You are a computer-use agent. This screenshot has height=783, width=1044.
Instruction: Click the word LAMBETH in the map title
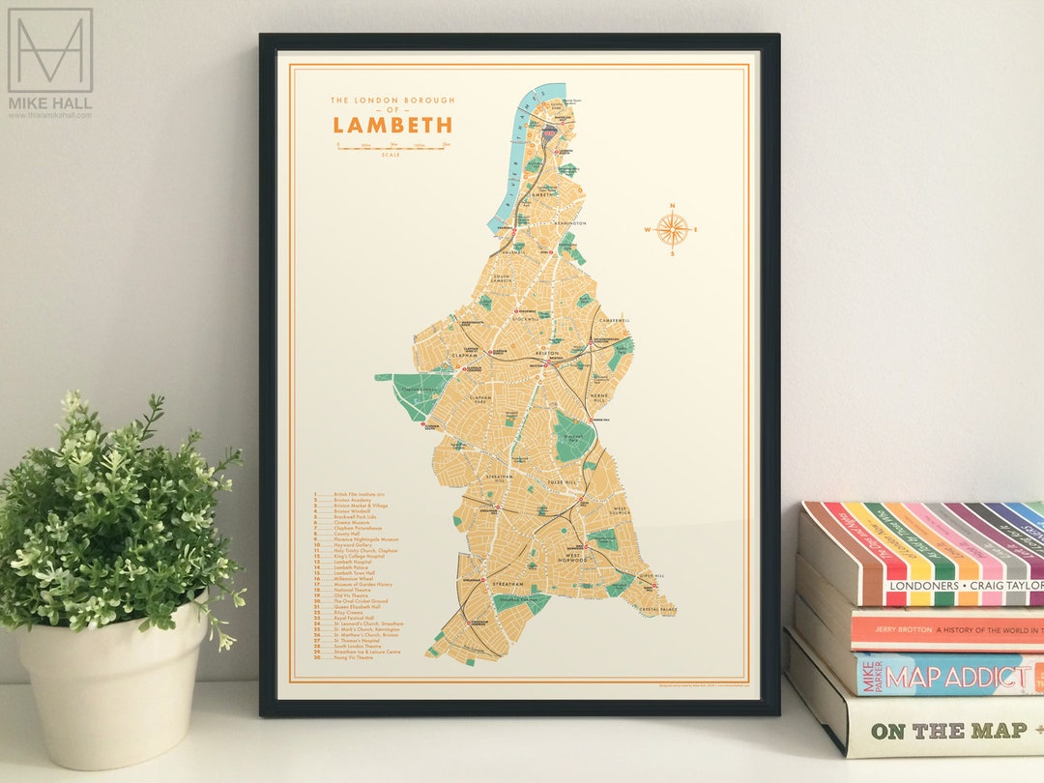click(x=392, y=125)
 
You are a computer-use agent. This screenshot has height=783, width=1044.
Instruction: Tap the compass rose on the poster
click(x=672, y=229)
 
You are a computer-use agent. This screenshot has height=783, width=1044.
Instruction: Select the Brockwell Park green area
click(x=575, y=437)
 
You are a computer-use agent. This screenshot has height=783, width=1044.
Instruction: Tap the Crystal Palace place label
click(x=657, y=610)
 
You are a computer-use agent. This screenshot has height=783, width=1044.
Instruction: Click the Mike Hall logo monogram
click(x=50, y=50)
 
